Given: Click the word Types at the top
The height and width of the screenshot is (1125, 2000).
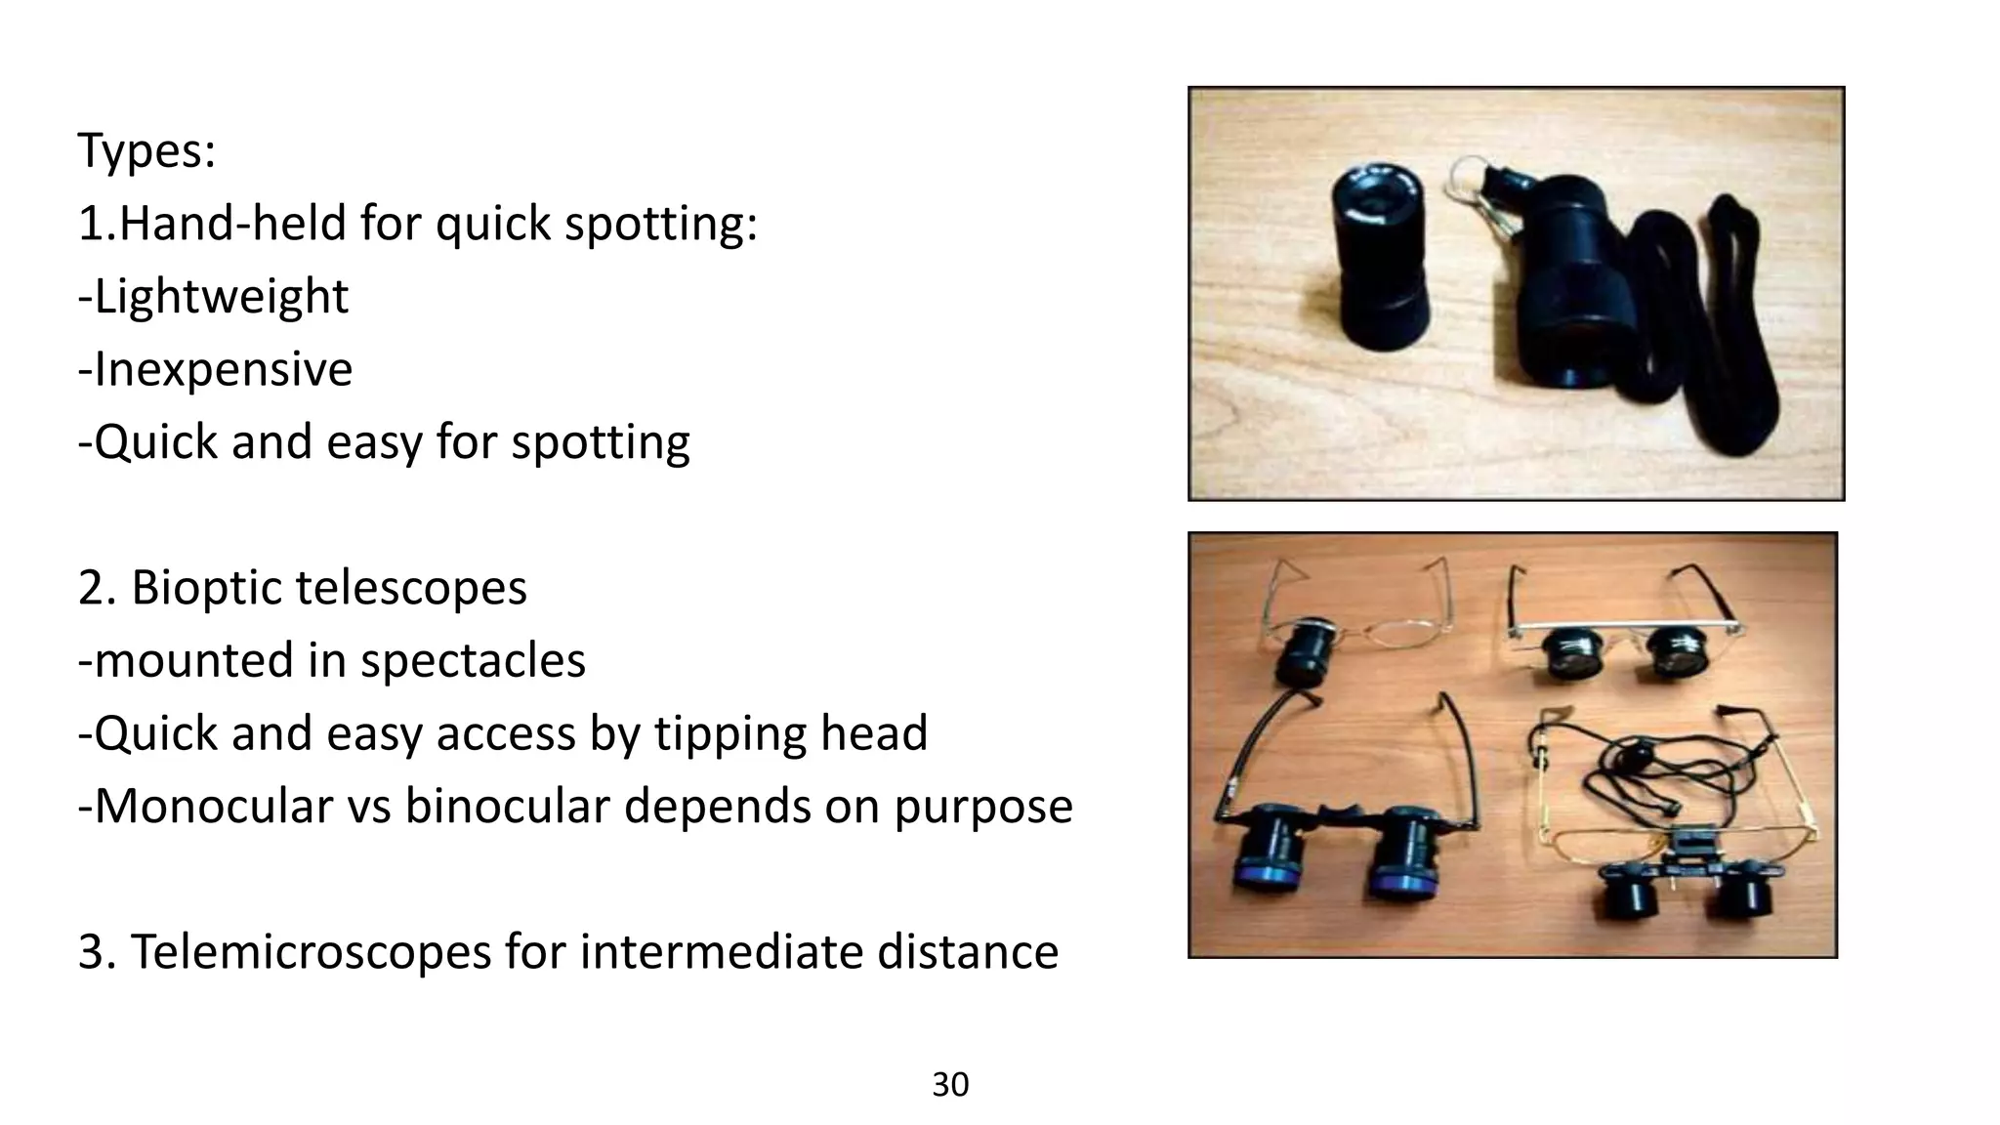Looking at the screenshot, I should tap(146, 151).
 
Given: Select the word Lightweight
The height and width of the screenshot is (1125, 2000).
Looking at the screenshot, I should tap(221, 297).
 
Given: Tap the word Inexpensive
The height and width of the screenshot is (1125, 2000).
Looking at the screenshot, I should tap(223, 369).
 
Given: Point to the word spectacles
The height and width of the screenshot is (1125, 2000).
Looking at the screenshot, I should tap(473, 661).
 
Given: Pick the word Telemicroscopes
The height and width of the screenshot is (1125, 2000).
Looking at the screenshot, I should tap(311, 952).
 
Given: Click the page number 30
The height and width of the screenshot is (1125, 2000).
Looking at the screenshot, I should tap(950, 1085).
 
